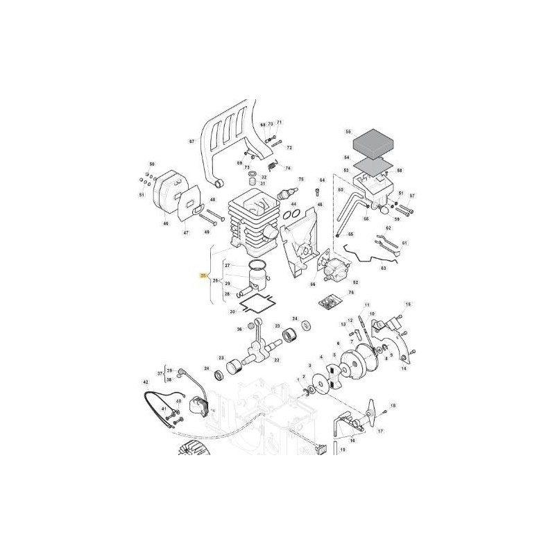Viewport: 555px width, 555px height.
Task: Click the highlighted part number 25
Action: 203,276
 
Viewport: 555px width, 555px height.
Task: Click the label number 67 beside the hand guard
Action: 192,141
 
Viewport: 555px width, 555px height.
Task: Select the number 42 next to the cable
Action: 145,382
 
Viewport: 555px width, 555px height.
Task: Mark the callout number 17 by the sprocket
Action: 380,432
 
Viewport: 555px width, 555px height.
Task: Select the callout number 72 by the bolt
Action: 290,148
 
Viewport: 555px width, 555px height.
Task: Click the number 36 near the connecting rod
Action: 239,330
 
